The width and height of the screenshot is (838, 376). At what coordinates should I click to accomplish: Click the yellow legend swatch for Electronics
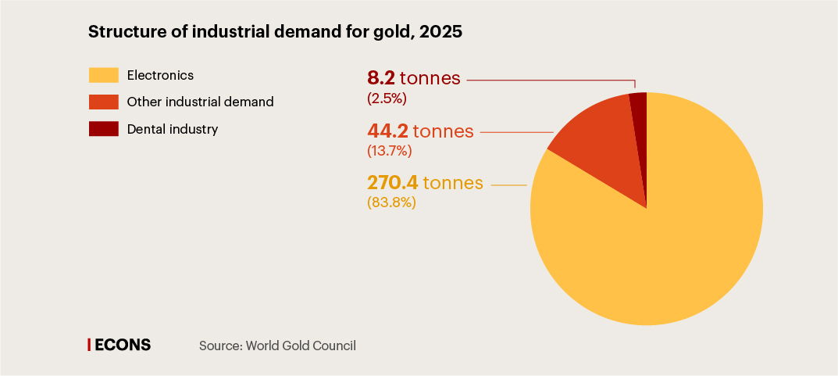[103, 76]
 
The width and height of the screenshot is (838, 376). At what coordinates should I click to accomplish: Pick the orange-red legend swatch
[103, 102]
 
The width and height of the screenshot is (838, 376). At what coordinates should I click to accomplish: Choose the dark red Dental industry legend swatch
[103, 129]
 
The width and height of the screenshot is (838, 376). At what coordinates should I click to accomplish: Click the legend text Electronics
[160, 76]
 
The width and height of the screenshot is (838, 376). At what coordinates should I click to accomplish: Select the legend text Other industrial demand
[200, 102]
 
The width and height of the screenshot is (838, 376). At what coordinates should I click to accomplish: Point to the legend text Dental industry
[172, 129]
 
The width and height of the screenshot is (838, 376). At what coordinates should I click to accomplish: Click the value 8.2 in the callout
[381, 79]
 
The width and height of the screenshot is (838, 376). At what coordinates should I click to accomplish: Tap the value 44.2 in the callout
[387, 131]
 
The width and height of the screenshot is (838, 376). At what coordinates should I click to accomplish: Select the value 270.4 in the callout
[393, 183]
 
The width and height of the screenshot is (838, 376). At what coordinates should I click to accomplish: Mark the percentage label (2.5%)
[387, 98]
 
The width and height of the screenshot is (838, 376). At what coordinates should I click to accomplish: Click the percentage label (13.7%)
[389, 151]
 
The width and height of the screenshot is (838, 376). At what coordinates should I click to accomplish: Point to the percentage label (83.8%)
[391, 202]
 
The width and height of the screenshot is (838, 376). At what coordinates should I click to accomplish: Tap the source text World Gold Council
[301, 345]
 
